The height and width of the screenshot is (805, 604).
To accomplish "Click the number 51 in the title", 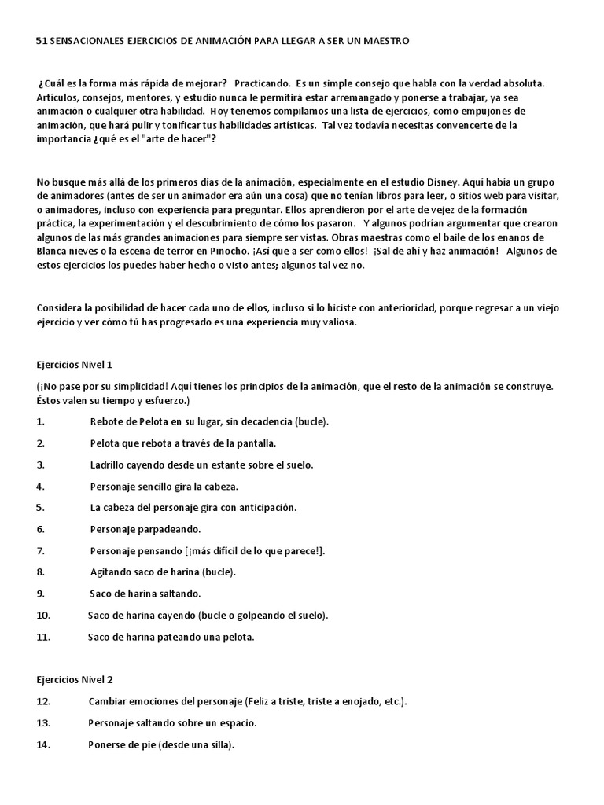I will click(42, 40).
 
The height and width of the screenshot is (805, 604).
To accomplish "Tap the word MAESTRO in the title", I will click(385, 40).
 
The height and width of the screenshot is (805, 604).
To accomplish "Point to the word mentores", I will click(156, 97).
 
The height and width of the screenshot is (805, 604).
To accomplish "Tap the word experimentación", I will click(124, 223).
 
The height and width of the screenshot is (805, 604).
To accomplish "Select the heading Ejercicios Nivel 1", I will click(75, 366).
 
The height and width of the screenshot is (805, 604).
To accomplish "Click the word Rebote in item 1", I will click(108, 422).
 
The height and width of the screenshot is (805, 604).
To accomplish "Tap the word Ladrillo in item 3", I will click(109, 465).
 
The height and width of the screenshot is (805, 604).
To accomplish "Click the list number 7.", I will click(40, 550).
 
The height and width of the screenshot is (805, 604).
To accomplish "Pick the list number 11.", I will click(43, 637).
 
